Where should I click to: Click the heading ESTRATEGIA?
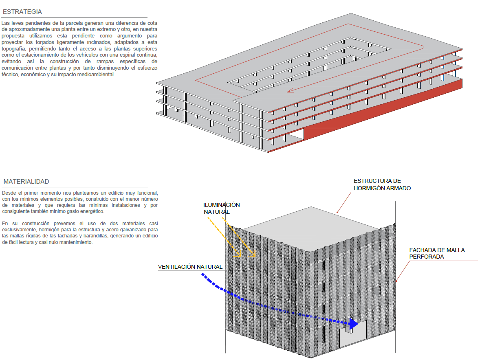pyautogui.click(x=22, y=12)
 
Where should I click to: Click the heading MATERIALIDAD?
pyautogui.click(x=26, y=181)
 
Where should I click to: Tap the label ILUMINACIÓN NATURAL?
pyautogui.click(x=222, y=208)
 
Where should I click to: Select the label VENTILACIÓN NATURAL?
pyautogui.click(x=190, y=267)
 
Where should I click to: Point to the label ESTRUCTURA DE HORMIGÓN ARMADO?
pyautogui.click(x=382, y=184)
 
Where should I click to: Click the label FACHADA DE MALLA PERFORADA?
pyautogui.click(x=437, y=253)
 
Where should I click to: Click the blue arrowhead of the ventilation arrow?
pyautogui.click(x=353, y=324)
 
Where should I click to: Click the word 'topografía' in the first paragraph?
pyautogui.click(x=14, y=48)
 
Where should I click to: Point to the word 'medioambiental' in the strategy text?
pyautogui.click(x=96, y=75)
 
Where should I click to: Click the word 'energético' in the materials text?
pyautogui.click(x=92, y=211)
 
